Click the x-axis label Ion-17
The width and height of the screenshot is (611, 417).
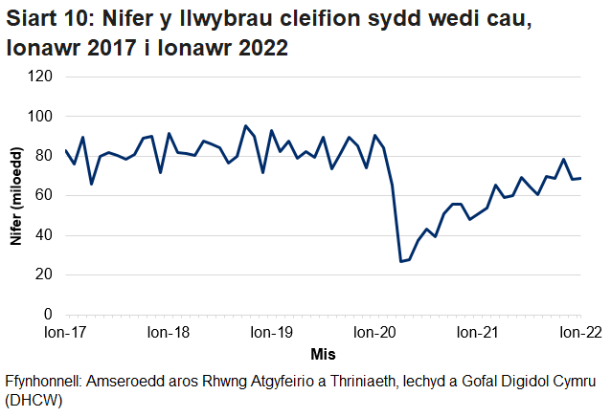point(65,333)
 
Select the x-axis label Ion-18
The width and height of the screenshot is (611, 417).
point(169,333)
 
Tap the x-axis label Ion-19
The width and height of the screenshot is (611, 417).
point(271,333)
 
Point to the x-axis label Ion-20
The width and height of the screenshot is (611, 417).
point(374,333)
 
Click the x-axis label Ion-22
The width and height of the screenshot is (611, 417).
point(579,333)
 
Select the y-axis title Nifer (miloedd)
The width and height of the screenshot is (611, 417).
point(16,196)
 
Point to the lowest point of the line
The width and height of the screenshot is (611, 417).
point(400,261)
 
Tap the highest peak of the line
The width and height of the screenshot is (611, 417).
point(245,125)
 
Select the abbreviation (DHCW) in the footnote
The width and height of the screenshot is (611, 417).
point(34,401)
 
